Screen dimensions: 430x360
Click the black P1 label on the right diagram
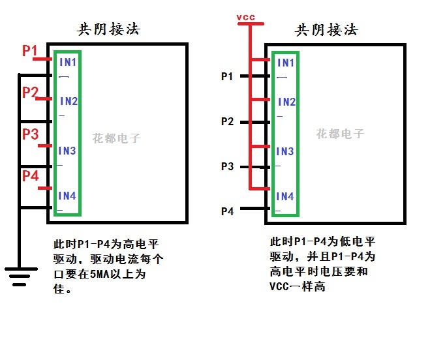tap(227, 77)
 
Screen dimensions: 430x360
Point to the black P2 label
tap(227, 121)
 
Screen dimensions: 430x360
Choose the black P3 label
tap(227, 166)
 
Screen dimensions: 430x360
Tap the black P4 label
tap(227, 211)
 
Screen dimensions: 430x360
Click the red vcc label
tap(247, 17)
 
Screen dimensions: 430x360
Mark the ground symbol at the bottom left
tap(20, 277)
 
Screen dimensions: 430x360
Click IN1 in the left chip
tap(68, 63)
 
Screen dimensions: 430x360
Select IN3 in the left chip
tap(67, 151)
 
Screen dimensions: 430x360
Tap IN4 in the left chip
tap(67, 196)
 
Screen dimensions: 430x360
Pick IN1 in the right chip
tap(286, 63)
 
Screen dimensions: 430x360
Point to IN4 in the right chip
tap(285, 196)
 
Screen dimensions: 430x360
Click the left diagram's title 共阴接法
tap(108, 30)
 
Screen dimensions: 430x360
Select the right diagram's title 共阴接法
tap(326, 30)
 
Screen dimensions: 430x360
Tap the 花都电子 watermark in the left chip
tap(116, 138)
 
